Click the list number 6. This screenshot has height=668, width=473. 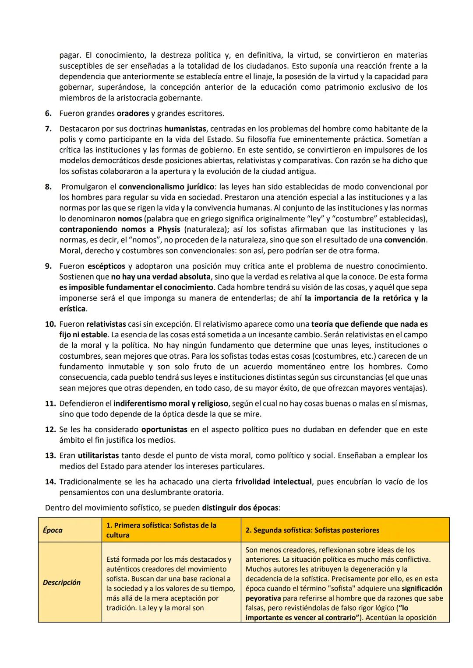48,114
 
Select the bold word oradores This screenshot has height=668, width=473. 133,114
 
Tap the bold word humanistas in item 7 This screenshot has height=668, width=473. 185,129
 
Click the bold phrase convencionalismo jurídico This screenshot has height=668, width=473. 166,187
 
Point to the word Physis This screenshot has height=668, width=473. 169,230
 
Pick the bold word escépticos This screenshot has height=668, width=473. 106,266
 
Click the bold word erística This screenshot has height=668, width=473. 72,309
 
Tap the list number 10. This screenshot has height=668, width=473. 50,325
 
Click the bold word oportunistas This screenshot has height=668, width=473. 164,430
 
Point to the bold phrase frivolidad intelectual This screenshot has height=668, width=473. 273,482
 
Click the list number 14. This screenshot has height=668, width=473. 50,482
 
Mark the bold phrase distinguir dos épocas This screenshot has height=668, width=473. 240,508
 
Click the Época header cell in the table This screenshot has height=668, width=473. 53,530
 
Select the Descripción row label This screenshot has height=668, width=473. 62,583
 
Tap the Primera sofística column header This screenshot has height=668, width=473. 161,530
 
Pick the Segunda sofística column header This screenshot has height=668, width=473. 312,530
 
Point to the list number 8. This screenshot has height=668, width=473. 48,187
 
